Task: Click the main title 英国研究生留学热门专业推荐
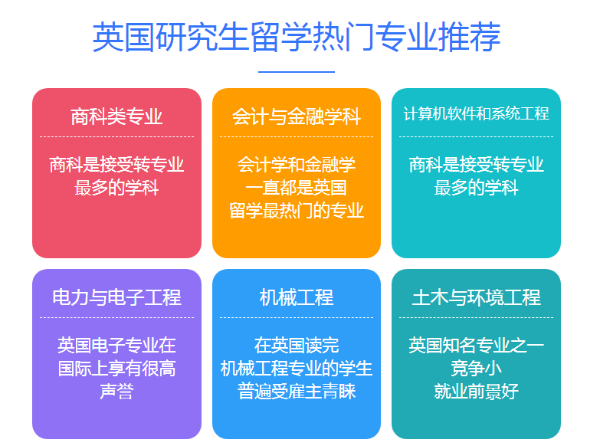coord(297,37)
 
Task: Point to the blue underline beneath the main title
coord(297,71)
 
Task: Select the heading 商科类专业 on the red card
coord(116,116)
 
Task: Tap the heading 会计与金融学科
coord(297,116)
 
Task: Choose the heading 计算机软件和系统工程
coord(477,113)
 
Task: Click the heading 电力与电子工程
coord(116,297)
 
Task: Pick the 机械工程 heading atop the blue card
coord(297,297)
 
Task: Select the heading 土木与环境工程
coord(477,297)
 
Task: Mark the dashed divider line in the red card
coord(116,136)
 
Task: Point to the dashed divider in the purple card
coord(116,317)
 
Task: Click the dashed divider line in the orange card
coord(297,136)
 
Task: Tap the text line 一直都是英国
coord(297,188)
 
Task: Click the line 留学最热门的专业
coord(297,211)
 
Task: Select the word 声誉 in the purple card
coord(116,392)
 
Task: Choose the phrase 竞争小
coord(477,369)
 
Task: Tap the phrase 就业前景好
coord(477,392)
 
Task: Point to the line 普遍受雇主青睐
coord(297,392)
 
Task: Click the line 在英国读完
coord(297,346)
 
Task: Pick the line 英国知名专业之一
coord(477,346)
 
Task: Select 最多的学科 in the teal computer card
coord(477,188)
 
